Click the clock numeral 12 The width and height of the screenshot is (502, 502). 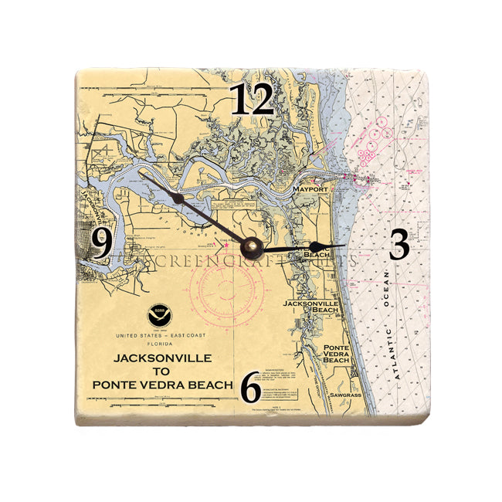[252, 100]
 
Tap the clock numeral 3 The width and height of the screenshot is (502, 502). [399, 245]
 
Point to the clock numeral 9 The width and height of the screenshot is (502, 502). [101, 244]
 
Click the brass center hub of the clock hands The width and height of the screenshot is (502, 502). [252, 247]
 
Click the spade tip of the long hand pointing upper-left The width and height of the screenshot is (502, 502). [177, 198]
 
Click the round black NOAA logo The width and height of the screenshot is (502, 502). [158, 317]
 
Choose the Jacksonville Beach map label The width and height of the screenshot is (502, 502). [311, 307]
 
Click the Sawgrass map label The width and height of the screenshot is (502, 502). [344, 395]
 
